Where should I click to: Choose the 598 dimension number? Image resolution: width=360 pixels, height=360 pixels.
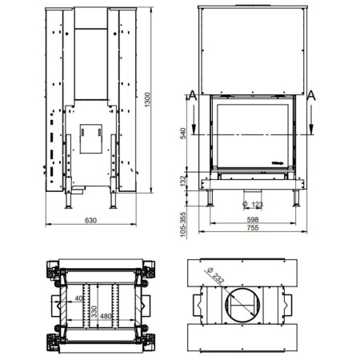pyautogui.click(x=253, y=219)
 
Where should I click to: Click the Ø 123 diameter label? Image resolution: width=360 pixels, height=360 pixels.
pyautogui.click(x=252, y=204)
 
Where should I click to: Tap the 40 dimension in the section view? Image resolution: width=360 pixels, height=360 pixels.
pyautogui.click(x=78, y=299)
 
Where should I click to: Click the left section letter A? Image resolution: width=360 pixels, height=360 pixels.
pyautogui.click(x=191, y=96)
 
